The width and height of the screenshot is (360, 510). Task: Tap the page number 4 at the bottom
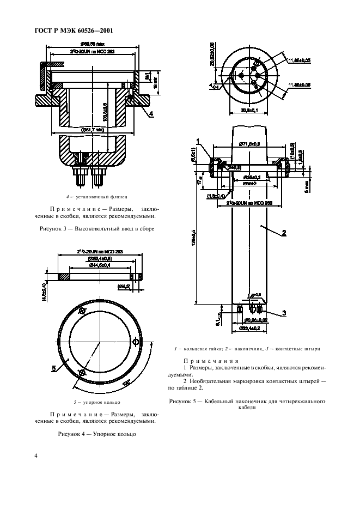click(36, 456)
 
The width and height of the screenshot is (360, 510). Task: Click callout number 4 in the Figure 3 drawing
click(151, 113)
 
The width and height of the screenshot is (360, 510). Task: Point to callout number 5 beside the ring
click(54, 369)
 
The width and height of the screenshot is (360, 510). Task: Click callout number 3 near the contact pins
click(284, 313)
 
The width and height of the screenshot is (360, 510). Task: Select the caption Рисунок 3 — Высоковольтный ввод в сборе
click(97, 229)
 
